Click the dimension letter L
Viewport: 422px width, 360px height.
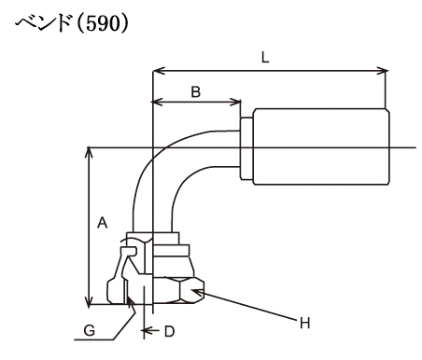(265, 58)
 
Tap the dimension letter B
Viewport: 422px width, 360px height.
(195, 92)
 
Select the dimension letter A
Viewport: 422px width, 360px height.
(102, 223)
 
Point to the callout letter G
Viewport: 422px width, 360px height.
(90, 330)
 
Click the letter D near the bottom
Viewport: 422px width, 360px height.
(169, 332)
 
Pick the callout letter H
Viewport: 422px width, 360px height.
(305, 324)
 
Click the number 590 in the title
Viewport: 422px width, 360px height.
(103, 23)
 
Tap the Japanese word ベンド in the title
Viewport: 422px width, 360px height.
(43, 23)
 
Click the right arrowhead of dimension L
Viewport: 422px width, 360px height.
(383, 71)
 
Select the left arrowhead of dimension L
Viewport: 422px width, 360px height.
(159, 71)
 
